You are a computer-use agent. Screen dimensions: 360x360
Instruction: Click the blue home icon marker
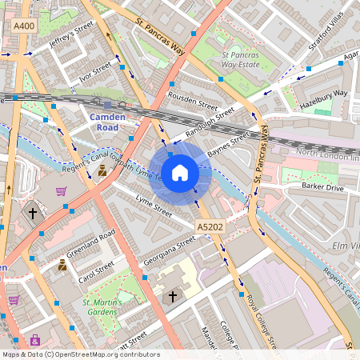coord(180,173)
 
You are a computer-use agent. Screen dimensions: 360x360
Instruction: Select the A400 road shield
coord(24,27)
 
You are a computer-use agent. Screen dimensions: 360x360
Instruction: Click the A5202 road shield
coord(210,227)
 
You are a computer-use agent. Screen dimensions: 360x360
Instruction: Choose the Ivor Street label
coord(95,73)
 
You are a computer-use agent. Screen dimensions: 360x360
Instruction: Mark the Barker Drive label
coord(322,186)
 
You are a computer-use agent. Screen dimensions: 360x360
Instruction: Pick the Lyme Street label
coord(154,206)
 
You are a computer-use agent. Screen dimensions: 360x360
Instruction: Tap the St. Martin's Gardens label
coord(108,307)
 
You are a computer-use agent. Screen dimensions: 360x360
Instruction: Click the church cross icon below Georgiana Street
coord(171,297)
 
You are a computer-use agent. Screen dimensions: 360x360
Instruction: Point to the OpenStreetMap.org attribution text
coord(80,354)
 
